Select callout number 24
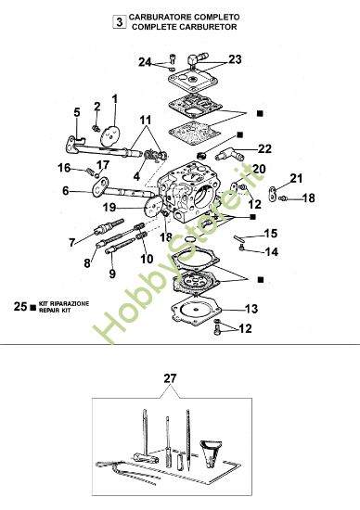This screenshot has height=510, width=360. pyautogui.click(x=145, y=62)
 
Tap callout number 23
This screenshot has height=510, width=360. pyautogui.click(x=234, y=59)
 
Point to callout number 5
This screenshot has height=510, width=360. pyautogui.click(x=77, y=113)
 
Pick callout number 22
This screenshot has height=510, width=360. pyautogui.click(x=264, y=148)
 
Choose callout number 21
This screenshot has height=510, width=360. pyautogui.click(x=296, y=178)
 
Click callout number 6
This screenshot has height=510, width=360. pyautogui.click(x=66, y=191)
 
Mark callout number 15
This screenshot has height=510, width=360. pyautogui.click(x=271, y=233)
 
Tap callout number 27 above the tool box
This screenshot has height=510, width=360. pyautogui.click(x=168, y=377)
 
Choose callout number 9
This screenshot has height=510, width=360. pyautogui.click(x=111, y=274)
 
